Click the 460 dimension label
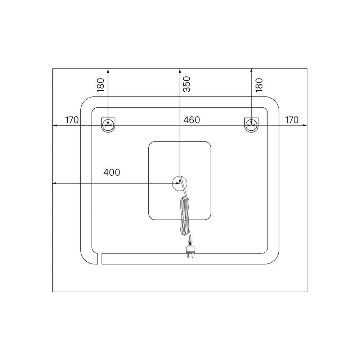[192, 120]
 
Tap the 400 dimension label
[112, 172]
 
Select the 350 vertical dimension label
[187, 84]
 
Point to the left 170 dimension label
[72, 120]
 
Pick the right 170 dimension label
[292, 120]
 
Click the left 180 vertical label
[100, 85]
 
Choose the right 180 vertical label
[259, 85]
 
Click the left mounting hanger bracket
[108, 125]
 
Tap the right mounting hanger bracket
[251, 125]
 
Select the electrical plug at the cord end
[190, 249]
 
